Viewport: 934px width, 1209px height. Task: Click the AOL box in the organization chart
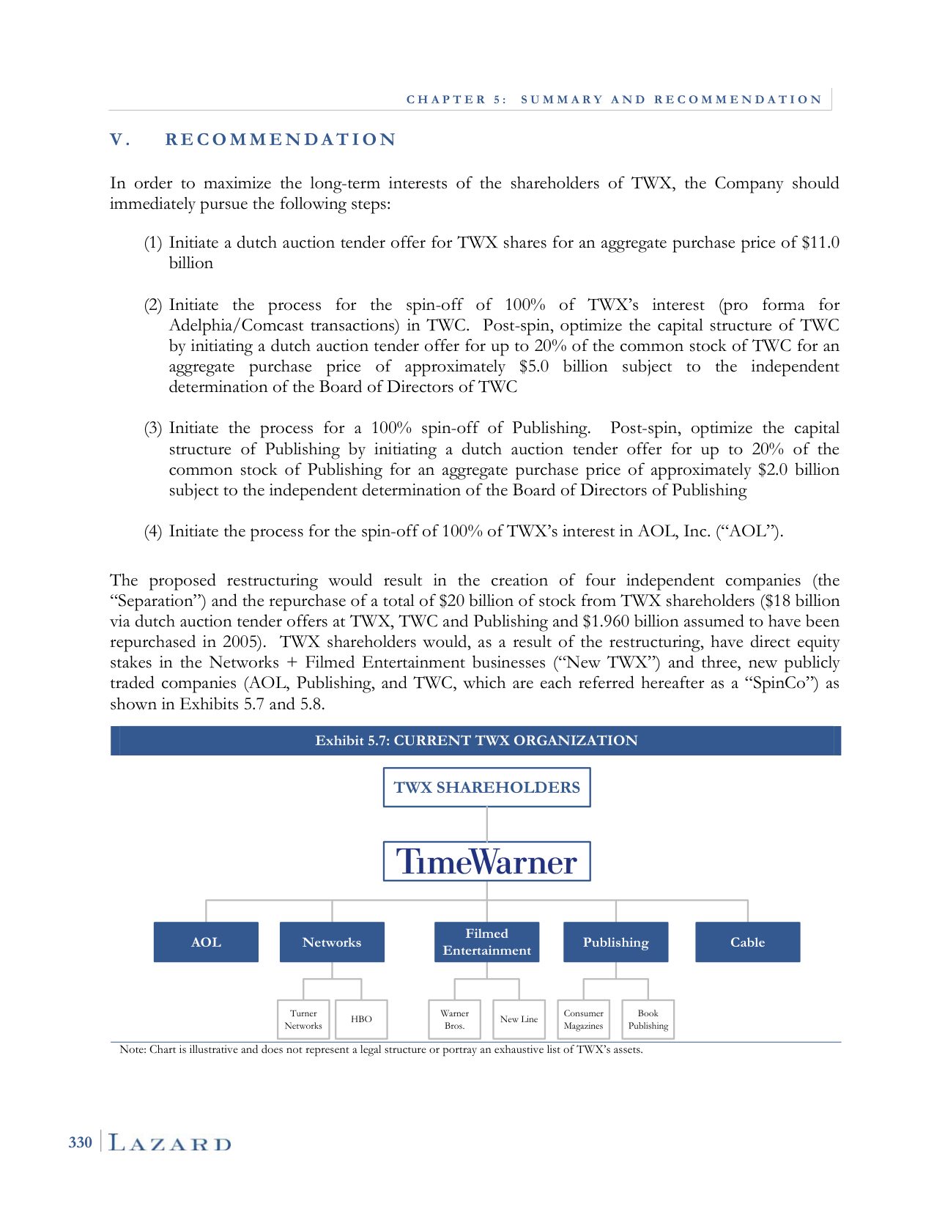click(x=206, y=942)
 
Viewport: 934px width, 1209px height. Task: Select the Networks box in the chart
click(x=332, y=942)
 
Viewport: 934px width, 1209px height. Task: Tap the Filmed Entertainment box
click(x=486, y=942)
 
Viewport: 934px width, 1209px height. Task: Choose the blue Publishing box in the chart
click(x=615, y=942)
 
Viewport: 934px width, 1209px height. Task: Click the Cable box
click(x=747, y=942)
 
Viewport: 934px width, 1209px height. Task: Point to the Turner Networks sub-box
click(x=303, y=1019)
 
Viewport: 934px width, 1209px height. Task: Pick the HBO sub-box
click(x=361, y=1019)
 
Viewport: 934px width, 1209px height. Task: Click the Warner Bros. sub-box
click(x=454, y=1019)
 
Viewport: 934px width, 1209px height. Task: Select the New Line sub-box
click(x=519, y=1019)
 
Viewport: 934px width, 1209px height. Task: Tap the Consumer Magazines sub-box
click(x=583, y=1019)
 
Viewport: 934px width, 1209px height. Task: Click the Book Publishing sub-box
click(x=648, y=1019)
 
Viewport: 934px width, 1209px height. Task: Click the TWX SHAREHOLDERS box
click(x=486, y=788)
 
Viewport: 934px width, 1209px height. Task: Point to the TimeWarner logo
click(x=486, y=862)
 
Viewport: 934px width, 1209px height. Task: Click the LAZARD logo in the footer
click(x=170, y=1143)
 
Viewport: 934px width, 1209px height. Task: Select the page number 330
click(x=81, y=1143)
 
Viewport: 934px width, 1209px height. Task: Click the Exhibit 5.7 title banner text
click(x=476, y=741)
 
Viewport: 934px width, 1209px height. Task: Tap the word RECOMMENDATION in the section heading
click(x=281, y=140)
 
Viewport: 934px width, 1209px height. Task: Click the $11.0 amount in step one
click(x=820, y=243)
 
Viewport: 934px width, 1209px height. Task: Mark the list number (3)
click(x=152, y=429)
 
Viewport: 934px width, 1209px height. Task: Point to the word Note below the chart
click(x=132, y=1050)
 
